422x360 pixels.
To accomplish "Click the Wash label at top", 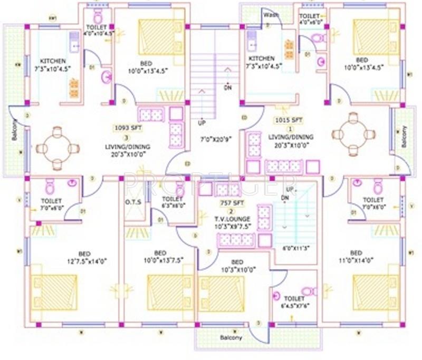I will coord(271,15).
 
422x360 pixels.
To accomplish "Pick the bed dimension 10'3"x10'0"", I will coord(237,269).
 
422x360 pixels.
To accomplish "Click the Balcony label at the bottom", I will coord(231,337).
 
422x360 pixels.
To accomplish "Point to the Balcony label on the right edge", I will coord(404,136).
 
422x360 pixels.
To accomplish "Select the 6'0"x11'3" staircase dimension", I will coord(296,247).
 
